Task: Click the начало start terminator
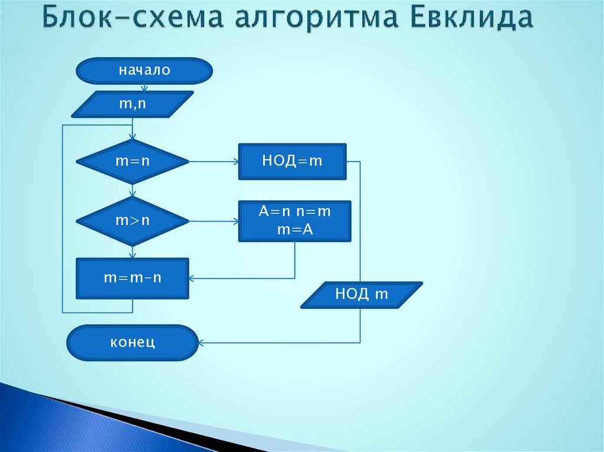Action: pyautogui.click(x=144, y=71)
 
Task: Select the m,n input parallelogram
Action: pyautogui.click(x=133, y=104)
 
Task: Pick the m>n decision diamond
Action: pyautogui.click(x=133, y=221)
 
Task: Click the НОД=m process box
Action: pyautogui.click(x=293, y=161)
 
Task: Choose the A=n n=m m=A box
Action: pyautogui.click(x=294, y=221)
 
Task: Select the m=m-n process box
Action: pyautogui.click(x=133, y=278)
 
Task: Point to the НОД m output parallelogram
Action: pyautogui.click(x=362, y=295)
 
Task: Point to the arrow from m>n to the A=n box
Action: pyautogui.click(x=214, y=221)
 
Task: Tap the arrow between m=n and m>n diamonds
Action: pyautogui.click(x=133, y=190)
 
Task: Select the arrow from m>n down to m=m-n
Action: pyautogui.click(x=133, y=252)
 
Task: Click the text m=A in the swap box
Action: pyautogui.click(x=294, y=230)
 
